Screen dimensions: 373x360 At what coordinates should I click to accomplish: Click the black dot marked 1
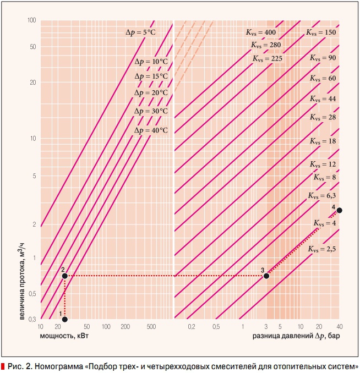(65, 319)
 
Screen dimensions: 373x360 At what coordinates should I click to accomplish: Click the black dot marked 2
(65, 276)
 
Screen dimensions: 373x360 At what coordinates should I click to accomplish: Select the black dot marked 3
(266, 276)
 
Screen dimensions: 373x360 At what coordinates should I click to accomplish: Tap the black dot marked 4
(339, 211)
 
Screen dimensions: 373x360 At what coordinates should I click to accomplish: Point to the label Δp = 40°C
(151, 130)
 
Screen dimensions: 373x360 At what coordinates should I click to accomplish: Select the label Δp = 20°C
(151, 94)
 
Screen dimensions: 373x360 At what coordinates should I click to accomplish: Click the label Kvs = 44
(323, 99)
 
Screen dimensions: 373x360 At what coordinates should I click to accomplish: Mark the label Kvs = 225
(267, 58)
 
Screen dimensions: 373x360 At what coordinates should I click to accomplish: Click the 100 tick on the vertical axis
(31, 20)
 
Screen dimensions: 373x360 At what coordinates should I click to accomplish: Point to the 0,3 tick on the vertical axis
(31, 320)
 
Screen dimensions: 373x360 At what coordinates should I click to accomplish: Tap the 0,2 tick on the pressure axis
(192, 327)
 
